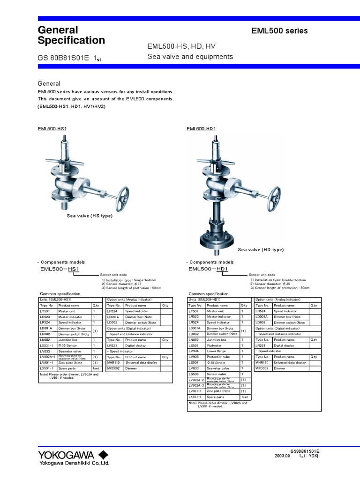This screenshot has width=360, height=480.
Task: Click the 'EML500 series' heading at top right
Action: tap(280, 31)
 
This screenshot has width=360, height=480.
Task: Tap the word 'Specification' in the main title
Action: tap(71, 41)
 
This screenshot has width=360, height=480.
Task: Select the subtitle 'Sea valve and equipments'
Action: tap(190, 57)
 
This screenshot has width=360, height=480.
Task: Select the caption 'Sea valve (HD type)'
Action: tap(261, 250)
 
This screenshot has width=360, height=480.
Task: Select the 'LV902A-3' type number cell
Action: tap(195, 386)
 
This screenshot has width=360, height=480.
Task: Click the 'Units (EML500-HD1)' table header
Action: tap(204, 300)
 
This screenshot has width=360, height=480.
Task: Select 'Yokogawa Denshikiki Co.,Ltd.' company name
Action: tap(74, 463)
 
